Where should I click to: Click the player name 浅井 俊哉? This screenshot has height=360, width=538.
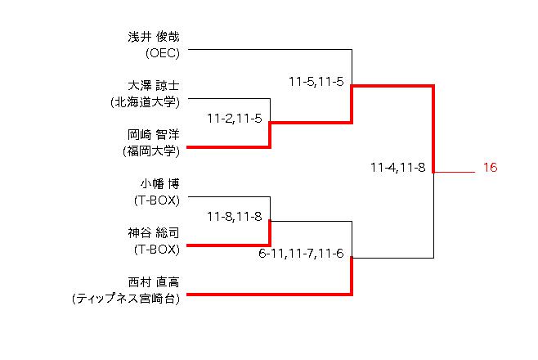(x=154, y=37)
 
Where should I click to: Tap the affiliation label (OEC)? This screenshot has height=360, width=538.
(x=163, y=53)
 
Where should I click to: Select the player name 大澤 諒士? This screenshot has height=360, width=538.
(x=154, y=86)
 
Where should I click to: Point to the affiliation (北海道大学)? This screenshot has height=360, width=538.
(x=146, y=102)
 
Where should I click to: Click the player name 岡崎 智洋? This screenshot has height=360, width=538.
(x=154, y=135)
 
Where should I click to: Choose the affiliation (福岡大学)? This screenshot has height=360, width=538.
(x=151, y=151)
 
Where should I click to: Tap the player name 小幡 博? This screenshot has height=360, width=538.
(x=159, y=184)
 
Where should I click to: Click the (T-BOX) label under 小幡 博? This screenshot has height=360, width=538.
(x=157, y=200)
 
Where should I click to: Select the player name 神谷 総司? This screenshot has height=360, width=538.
(x=154, y=233)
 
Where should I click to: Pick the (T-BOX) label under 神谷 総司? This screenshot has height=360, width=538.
(x=157, y=250)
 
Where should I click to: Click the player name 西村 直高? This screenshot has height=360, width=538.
(x=154, y=282)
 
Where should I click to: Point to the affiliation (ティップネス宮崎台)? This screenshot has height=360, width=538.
(x=126, y=299)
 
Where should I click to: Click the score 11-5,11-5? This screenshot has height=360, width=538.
(x=316, y=82)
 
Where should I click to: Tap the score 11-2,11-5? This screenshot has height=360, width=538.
(x=235, y=119)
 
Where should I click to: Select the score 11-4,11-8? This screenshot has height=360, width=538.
(x=397, y=168)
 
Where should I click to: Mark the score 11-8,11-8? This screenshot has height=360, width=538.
(x=235, y=217)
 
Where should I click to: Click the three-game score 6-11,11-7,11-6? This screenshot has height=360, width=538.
(x=301, y=254)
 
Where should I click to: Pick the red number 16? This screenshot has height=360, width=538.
(x=490, y=168)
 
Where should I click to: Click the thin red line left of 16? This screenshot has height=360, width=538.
(x=455, y=172)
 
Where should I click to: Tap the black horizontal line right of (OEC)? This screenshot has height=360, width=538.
(x=270, y=49)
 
